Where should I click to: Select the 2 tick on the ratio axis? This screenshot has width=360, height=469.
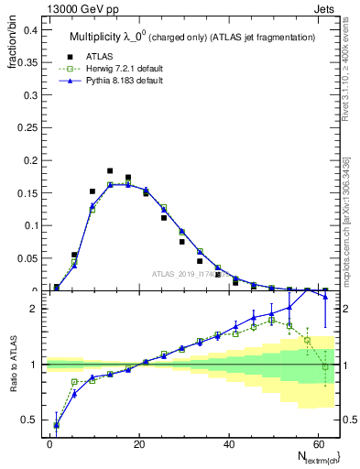[37, 309]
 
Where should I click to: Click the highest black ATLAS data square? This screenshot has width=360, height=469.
[110, 170]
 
